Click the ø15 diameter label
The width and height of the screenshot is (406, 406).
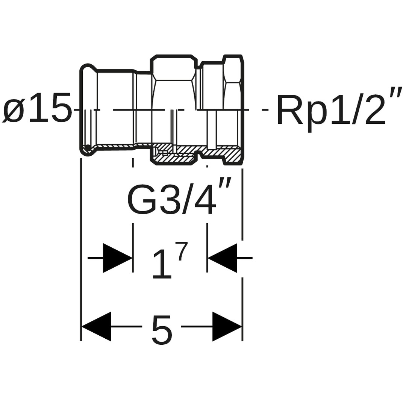click(x=37, y=109)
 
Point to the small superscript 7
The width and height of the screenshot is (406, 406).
click(x=182, y=251)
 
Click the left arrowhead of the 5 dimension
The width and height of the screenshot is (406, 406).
click(x=97, y=326)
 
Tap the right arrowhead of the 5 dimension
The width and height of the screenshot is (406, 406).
click(x=227, y=326)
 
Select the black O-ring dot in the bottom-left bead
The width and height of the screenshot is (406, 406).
click(x=88, y=147)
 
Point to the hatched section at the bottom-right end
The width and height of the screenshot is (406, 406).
click(x=233, y=154)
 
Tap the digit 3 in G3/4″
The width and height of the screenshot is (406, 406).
click(x=170, y=199)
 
